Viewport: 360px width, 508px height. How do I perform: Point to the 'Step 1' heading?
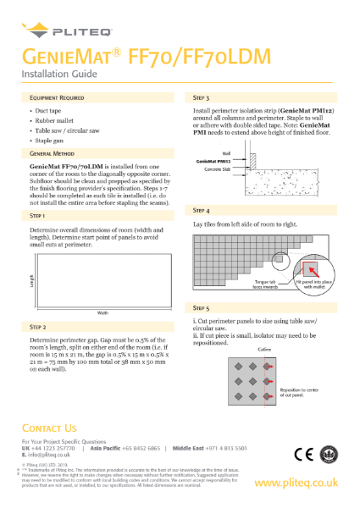(39, 216)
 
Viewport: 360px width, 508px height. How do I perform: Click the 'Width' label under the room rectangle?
(102, 313)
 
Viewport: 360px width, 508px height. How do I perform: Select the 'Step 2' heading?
(39, 326)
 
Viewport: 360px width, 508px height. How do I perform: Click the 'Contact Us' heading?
(53, 428)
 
